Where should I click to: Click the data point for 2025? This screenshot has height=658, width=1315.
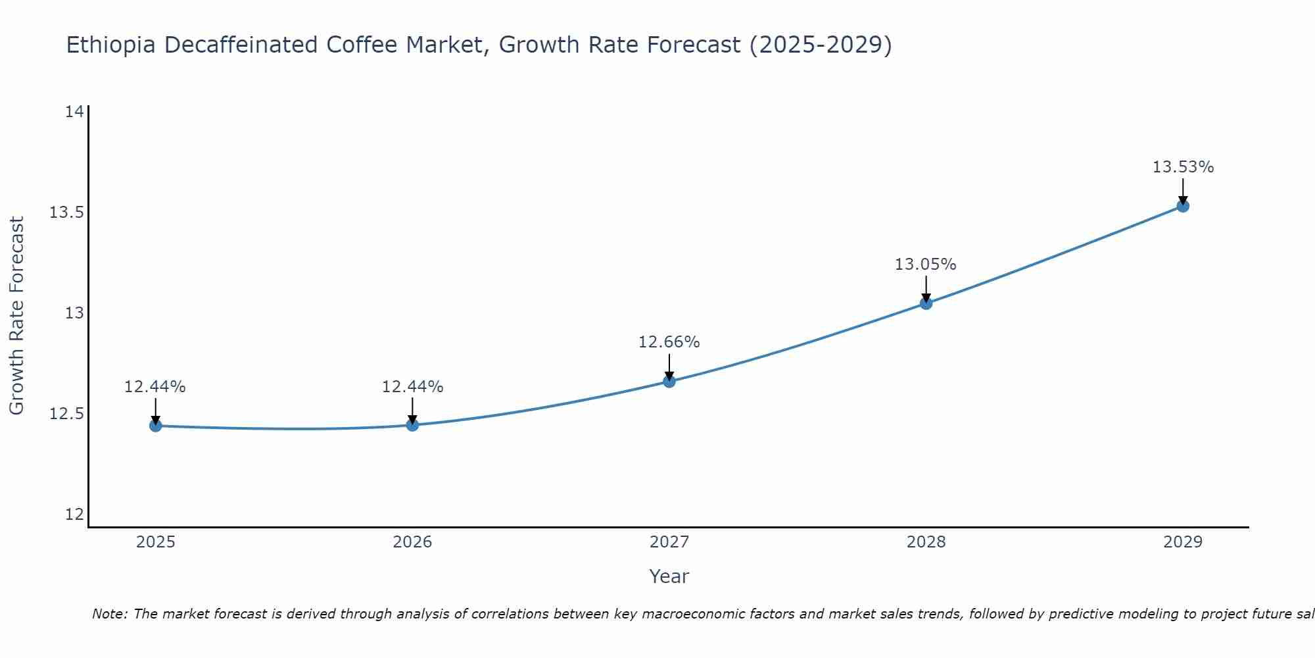click(155, 426)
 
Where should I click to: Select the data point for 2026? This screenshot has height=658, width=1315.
click(412, 425)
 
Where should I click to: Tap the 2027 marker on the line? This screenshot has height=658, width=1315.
click(669, 381)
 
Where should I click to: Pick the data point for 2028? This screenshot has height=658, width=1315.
click(926, 303)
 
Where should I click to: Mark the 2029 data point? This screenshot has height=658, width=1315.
click(1183, 206)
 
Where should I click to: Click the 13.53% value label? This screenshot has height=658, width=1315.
click(1183, 167)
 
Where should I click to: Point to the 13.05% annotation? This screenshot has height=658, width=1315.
click(925, 265)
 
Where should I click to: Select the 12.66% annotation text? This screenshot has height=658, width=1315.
click(669, 342)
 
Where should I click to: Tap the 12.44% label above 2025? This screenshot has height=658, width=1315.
click(155, 387)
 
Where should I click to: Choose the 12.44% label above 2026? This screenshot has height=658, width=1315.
click(412, 387)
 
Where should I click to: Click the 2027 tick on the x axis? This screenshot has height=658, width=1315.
click(669, 542)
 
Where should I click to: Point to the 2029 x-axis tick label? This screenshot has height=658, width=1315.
click(1183, 542)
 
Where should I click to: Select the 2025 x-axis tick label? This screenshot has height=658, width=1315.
click(155, 542)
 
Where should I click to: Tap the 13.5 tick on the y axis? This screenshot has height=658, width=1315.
click(67, 213)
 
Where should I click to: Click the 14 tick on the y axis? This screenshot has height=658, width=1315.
click(74, 112)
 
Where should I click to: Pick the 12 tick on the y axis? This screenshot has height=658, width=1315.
click(74, 515)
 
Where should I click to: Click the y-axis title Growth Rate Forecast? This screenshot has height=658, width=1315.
click(16, 315)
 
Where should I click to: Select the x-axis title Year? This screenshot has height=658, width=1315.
click(669, 576)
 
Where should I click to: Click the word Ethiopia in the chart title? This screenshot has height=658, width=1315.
click(111, 45)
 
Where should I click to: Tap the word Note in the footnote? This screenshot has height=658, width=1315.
click(109, 614)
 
